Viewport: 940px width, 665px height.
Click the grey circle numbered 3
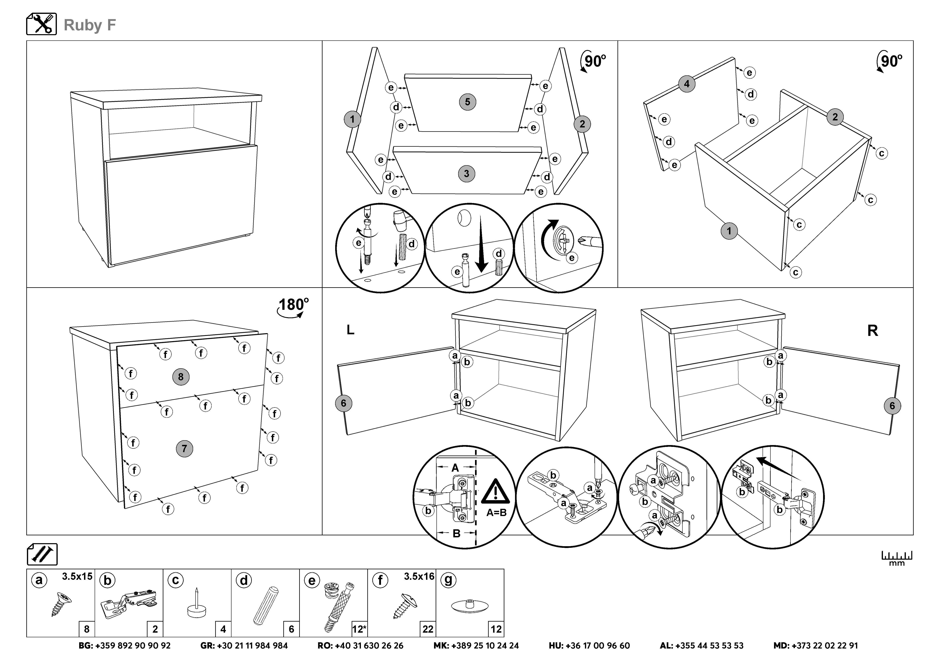pos(466,174)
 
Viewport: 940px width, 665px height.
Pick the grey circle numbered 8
pos(181,377)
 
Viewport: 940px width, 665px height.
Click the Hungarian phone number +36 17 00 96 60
pos(589,646)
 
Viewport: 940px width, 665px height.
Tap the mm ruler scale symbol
pos(897,558)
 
